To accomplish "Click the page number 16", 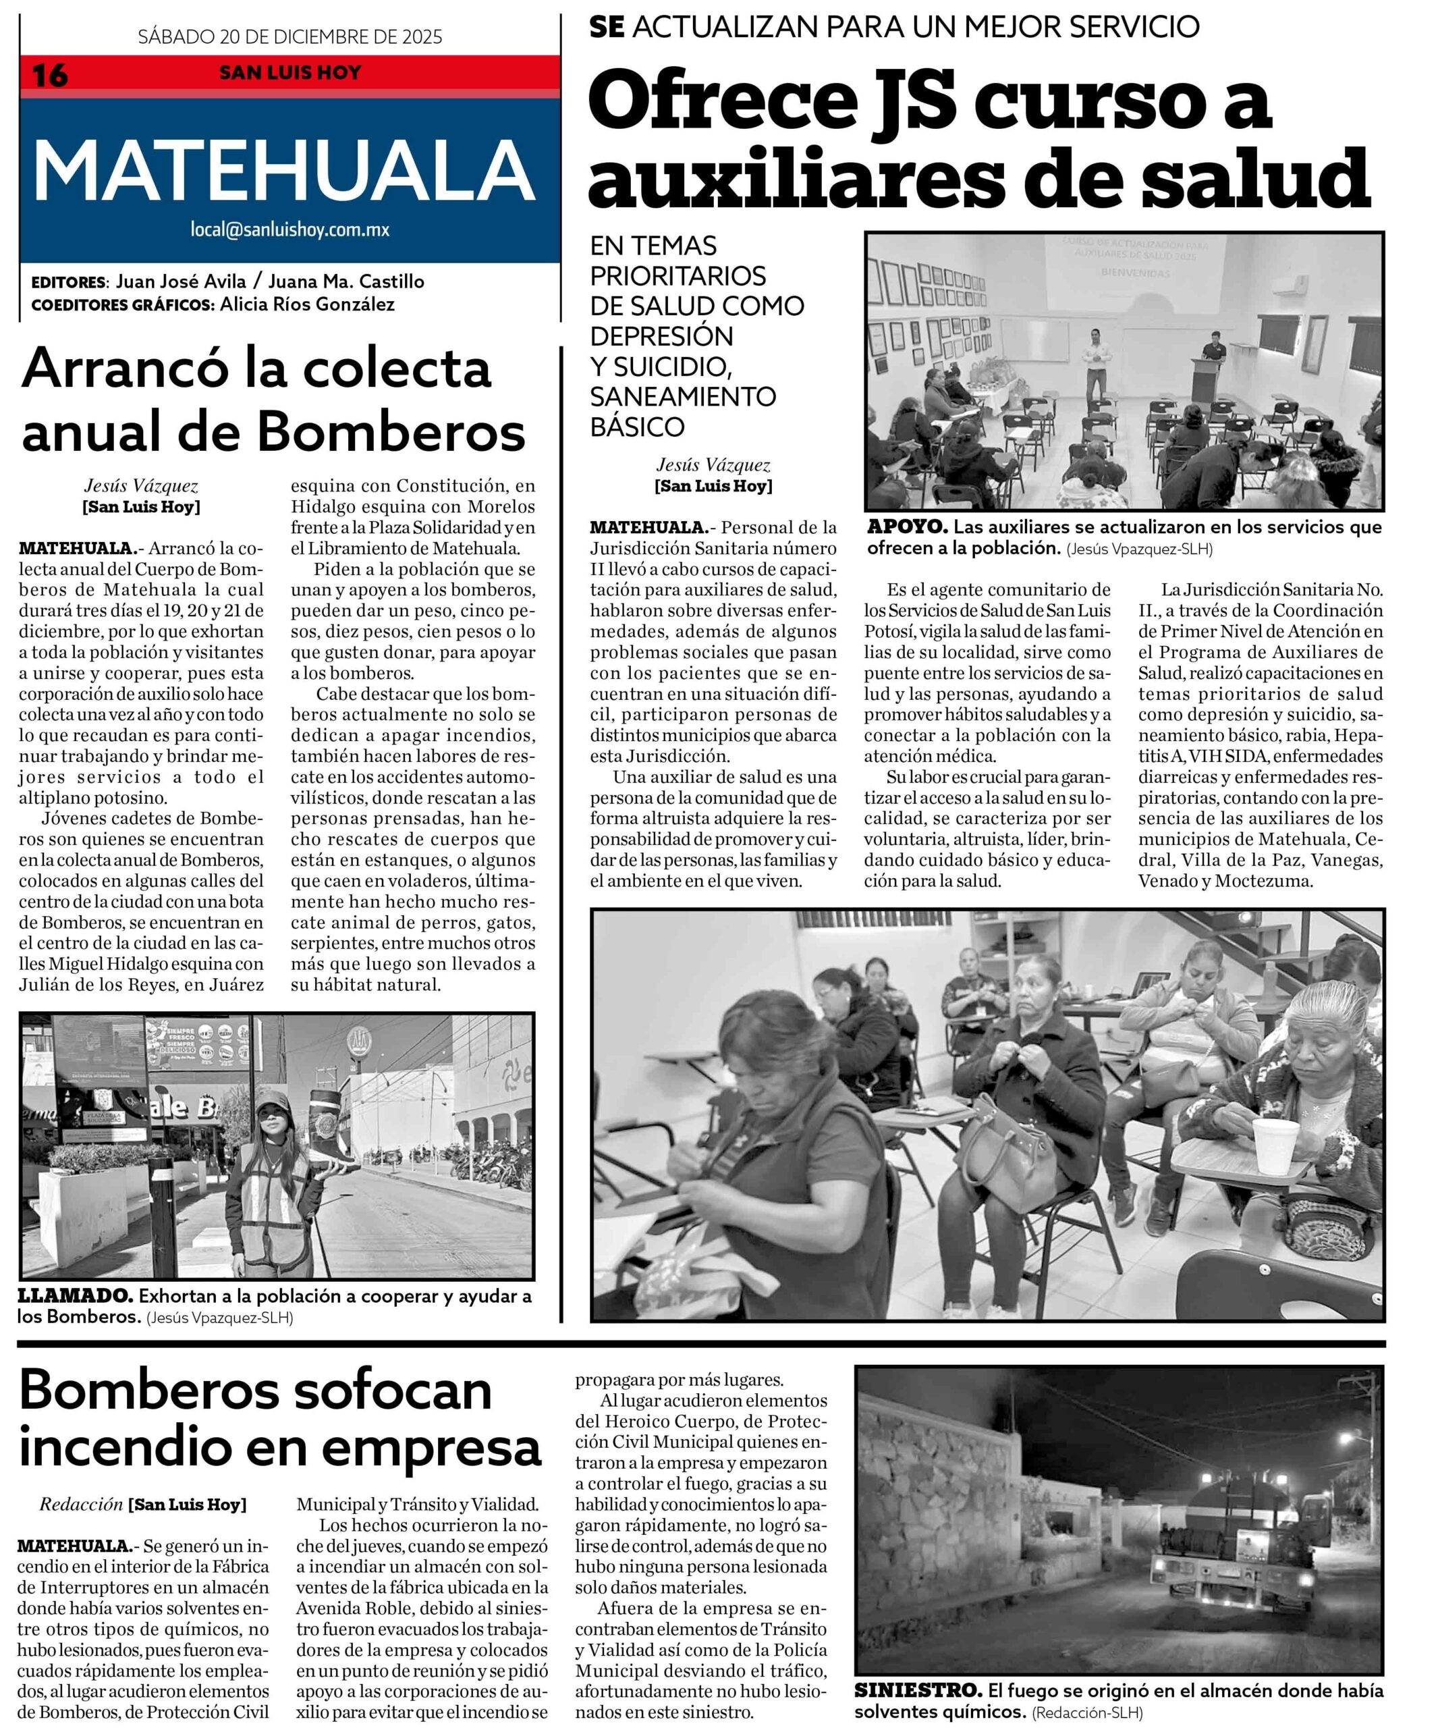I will click(49, 76).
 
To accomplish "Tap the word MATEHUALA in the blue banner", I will click(284, 170).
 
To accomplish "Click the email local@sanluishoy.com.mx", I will click(289, 230).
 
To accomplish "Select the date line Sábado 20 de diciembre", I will click(289, 36).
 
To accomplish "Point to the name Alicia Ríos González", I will click(307, 304).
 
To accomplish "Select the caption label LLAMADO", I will click(75, 1296).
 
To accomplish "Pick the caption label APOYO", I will click(908, 526).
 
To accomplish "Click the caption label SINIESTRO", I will click(917, 1691).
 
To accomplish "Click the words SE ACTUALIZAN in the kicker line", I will click(707, 27).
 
